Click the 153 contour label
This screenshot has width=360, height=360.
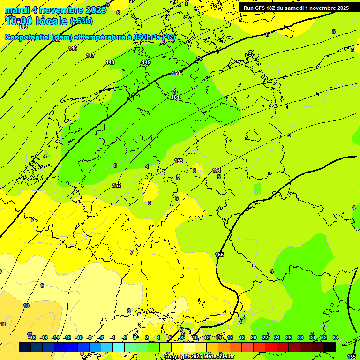[179, 161]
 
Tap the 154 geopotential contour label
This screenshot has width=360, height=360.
[217, 170]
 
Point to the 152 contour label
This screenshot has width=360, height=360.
[117, 185]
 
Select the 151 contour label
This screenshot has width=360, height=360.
[175, 97]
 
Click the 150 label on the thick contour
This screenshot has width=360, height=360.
[176, 73]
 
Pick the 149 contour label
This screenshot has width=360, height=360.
[146, 62]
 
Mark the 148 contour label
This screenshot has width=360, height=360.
[110, 62]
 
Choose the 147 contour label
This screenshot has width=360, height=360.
[90, 55]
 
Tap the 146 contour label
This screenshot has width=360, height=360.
[73, 48]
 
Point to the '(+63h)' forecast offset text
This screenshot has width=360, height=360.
[81, 21]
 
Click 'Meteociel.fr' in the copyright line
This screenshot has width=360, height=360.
[216, 357]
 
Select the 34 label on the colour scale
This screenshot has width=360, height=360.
[336, 337]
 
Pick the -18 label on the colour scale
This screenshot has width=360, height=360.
[31, 337]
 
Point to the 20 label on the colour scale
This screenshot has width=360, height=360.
[254, 337]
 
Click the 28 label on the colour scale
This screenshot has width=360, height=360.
[300, 337]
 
